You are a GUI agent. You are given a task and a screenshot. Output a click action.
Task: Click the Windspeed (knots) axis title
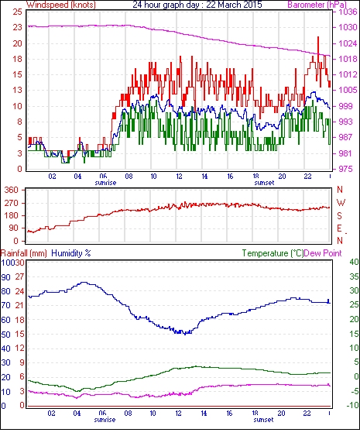pyautogui.click(x=61, y=5)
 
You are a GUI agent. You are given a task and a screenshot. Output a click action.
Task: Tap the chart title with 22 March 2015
pyautogui.click(x=197, y=5)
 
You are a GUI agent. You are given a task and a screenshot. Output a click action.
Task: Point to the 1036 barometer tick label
pyautogui.click(x=348, y=12)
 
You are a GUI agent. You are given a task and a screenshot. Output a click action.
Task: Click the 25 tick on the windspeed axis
pyautogui.click(x=18, y=12)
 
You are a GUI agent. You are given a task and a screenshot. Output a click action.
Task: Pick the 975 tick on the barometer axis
pyautogui.click(x=345, y=169)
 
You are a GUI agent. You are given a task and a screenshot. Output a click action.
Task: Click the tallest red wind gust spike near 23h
pyautogui.click(x=318, y=37)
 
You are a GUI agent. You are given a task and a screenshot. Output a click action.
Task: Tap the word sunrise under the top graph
pyautogui.click(x=105, y=183)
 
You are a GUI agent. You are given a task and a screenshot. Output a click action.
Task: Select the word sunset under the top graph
pyautogui.click(x=264, y=183)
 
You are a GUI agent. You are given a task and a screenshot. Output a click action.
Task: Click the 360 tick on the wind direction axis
pyautogui.click(x=12, y=191)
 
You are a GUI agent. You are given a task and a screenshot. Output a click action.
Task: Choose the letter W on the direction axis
pyautogui.click(x=341, y=202)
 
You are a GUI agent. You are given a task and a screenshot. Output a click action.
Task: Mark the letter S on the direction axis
pyautogui.click(x=339, y=215)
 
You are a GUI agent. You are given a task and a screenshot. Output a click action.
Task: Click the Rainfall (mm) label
pyautogui.click(x=24, y=253)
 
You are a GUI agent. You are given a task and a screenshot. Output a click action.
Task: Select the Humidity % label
pyautogui.click(x=71, y=253)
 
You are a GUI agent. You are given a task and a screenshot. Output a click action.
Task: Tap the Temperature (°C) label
pyautogui.click(x=273, y=253)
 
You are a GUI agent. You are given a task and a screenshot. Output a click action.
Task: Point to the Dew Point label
pyautogui.click(x=323, y=253)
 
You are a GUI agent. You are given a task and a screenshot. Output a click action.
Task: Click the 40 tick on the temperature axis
pyautogui.click(x=354, y=262)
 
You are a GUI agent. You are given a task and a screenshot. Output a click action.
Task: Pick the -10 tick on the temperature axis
pyautogui.click(x=353, y=406)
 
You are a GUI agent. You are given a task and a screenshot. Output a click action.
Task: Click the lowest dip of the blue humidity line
pyautogui.click(x=185, y=335)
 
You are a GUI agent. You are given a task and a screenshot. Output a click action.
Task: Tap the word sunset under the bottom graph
pyautogui.click(x=263, y=420)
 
